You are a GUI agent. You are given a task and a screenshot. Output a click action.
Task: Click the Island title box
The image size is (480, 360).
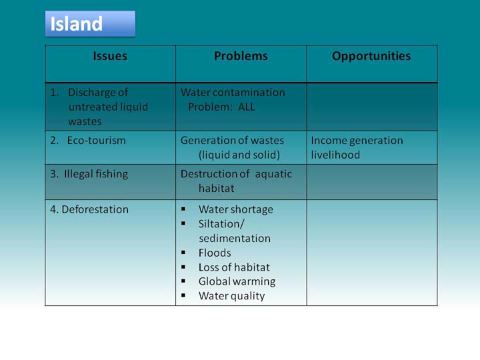click(x=90, y=24)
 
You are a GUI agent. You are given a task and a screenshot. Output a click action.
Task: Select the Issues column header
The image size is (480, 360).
click(x=110, y=56)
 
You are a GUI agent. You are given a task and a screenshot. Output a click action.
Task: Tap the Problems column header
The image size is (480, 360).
click(x=241, y=56)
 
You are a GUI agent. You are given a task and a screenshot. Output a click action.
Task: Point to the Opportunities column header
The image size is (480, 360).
click(x=371, y=57)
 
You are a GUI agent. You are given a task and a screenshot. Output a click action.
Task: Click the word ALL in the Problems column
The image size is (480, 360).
click(x=247, y=107)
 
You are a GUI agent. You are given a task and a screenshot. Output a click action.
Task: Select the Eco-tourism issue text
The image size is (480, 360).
click(x=97, y=141)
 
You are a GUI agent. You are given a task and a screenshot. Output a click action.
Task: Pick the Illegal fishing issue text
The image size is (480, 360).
click(x=96, y=174)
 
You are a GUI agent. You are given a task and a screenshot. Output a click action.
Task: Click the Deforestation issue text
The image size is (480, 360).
click(x=95, y=209)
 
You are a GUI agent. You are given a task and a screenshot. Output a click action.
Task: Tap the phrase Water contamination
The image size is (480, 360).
click(x=233, y=93)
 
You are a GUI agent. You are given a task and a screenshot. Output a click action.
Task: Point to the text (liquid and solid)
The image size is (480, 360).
click(x=239, y=155)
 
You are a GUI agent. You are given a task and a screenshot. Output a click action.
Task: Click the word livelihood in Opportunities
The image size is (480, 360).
click(x=335, y=155)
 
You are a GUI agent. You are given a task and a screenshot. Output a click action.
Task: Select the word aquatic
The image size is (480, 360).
click(x=273, y=174)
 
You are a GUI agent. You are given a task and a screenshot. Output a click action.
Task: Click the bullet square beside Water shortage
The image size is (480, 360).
click(x=183, y=209)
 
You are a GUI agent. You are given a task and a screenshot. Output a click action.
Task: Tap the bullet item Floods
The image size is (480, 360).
click(x=215, y=253)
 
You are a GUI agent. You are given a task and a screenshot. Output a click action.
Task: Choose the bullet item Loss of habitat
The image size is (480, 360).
click(x=234, y=267)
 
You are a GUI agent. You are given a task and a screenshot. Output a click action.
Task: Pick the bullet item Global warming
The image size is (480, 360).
click(x=237, y=281)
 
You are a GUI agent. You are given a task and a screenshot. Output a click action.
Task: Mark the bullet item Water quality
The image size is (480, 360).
click(x=232, y=296)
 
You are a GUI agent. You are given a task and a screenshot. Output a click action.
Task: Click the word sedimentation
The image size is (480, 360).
click(x=235, y=239)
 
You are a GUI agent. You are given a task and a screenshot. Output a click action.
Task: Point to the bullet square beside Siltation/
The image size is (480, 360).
click(x=183, y=223)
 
